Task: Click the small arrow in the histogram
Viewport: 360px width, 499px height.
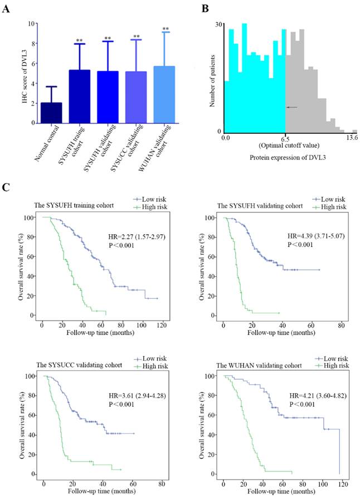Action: tap(291, 107)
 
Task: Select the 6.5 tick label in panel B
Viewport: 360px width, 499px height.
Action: tap(285, 137)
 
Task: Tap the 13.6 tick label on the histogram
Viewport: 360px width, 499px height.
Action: tap(351, 137)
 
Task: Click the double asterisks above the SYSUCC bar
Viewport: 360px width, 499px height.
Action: tap(136, 36)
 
